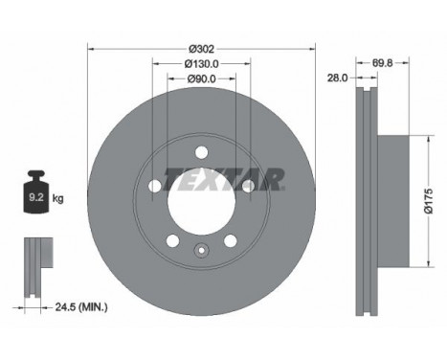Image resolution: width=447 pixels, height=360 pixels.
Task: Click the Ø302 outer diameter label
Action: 201,49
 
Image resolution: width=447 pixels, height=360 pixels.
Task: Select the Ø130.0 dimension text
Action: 202,64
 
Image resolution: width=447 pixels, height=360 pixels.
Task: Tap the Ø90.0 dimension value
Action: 202,79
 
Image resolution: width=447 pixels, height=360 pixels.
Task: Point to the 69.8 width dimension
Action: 383,63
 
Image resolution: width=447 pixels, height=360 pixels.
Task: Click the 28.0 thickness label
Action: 337,78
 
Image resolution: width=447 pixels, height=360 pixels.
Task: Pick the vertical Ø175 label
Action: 429,201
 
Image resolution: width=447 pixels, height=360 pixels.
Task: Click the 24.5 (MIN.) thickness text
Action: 81,307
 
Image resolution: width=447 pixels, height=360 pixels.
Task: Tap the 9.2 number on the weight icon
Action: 36,197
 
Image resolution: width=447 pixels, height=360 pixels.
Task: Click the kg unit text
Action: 58,199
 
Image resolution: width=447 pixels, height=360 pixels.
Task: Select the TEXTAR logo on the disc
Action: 224,179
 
